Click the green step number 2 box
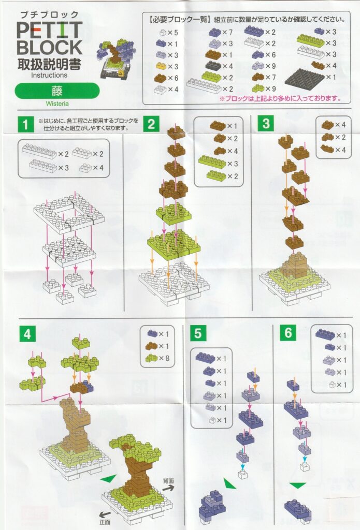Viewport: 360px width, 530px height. [x=151, y=124]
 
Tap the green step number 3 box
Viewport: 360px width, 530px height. [x=266, y=123]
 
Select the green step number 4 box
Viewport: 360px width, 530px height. [x=27, y=334]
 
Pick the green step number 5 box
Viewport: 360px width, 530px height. [x=198, y=333]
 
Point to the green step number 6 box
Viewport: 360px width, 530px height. [x=288, y=333]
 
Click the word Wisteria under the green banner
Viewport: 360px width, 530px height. [x=57, y=104]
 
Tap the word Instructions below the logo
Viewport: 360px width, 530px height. [x=49, y=75]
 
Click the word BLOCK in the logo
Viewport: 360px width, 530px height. [x=49, y=48]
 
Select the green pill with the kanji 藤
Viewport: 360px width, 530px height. [x=57, y=91]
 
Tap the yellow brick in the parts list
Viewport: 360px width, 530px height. [x=162, y=66]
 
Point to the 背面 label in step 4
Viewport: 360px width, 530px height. [x=168, y=481]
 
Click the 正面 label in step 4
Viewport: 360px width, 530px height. [x=105, y=522]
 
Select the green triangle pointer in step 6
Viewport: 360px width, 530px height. [x=298, y=485]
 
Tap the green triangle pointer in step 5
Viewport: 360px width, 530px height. [x=229, y=483]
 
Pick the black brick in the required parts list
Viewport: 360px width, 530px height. [x=213, y=65]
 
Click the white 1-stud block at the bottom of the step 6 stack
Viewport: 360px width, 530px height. [x=305, y=467]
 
